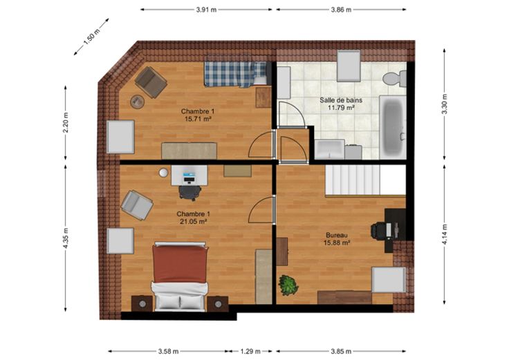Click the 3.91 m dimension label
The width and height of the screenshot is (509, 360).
point(206,10)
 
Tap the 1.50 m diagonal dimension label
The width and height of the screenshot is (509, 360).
point(91,37)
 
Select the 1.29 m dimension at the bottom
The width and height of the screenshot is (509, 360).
point(250,351)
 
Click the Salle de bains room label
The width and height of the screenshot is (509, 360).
point(341,100)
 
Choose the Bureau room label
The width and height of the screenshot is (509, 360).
point(337,235)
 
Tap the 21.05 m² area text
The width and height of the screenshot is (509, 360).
point(194,221)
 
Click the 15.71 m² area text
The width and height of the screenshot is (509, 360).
point(198,119)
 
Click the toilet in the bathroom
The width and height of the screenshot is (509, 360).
point(394,79)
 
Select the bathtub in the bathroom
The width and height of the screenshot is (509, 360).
point(393,127)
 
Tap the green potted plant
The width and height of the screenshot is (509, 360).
point(288,285)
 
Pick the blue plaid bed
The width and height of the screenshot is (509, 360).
point(236,74)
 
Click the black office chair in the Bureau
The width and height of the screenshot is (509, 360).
point(379,231)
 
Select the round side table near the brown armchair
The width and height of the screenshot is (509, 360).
point(138,102)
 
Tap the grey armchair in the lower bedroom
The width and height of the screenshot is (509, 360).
point(137,205)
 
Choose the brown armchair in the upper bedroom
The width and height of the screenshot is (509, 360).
point(151,82)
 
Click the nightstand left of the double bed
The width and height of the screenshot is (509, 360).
point(142,303)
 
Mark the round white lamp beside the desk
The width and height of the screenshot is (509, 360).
point(164,173)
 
